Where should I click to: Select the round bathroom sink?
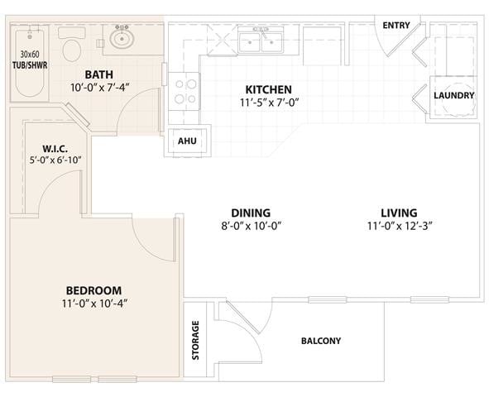tap(124, 37)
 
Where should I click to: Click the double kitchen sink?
tap(261, 40)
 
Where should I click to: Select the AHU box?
tap(188, 141)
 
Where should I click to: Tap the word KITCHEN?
tap(268, 89)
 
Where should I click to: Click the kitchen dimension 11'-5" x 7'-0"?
tap(268, 103)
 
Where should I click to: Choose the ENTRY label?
tap(396, 26)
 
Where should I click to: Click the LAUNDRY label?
tap(454, 95)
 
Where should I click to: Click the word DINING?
tap(250, 213)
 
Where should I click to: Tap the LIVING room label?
tap(399, 213)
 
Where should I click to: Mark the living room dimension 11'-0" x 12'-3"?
tap(400, 227)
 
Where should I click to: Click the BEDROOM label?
tap(93, 290)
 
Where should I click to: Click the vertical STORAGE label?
tap(196, 340)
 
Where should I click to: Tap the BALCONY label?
tap(320, 341)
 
